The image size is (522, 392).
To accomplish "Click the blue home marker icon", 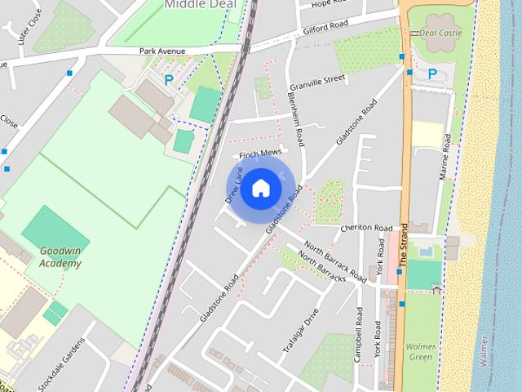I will pyautogui.click(x=260, y=188).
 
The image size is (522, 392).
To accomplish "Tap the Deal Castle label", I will pyautogui.click(x=440, y=33).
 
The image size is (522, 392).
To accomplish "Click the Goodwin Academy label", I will pyautogui.click(x=61, y=257).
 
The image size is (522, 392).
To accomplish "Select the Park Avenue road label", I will pyautogui.click(x=162, y=51).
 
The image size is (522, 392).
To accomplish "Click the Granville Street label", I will pyautogui.click(x=319, y=80).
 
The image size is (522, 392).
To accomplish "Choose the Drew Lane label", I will pyautogui.click(x=235, y=185).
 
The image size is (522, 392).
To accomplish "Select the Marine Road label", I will pyautogui.click(x=445, y=157).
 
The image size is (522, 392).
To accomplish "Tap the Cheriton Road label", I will pyautogui.click(x=367, y=228).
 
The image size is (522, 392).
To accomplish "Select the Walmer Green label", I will pyautogui.click(x=421, y=351).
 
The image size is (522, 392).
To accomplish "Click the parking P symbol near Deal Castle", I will pyautogui.click(x=432, y=73).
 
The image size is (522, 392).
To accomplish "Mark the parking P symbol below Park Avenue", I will pyautogui.click(x=169, y=81).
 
